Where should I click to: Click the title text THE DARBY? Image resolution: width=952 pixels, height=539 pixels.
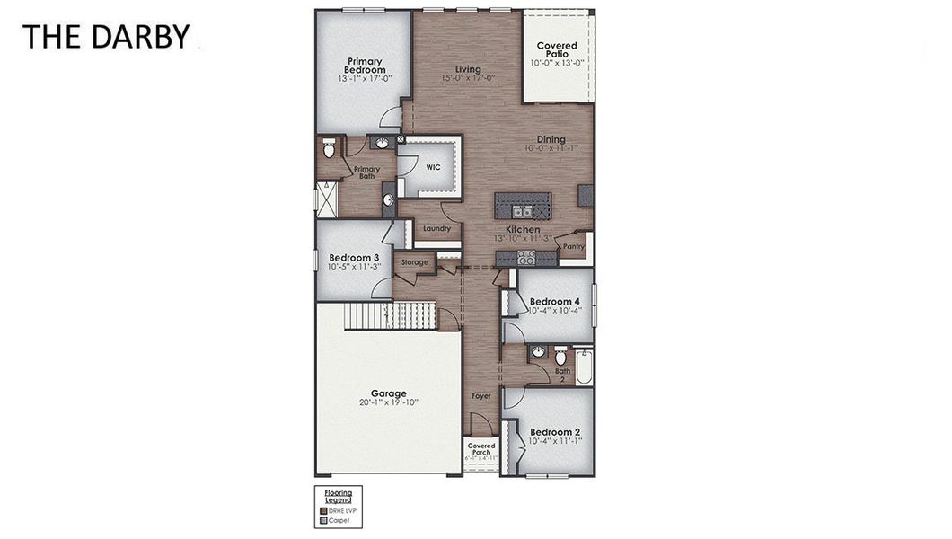coord(105,36)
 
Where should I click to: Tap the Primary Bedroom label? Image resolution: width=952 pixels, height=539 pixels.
coord(366,66)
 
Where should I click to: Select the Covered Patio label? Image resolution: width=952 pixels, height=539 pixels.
coord(557,49)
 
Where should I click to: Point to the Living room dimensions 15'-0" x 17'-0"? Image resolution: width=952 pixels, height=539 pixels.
coord(468,79)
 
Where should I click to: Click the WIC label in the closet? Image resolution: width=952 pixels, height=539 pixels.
coord(433,167)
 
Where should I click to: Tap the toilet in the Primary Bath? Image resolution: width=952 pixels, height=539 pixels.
coord(329,149)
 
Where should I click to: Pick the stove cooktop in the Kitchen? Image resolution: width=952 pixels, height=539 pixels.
coord(525,257)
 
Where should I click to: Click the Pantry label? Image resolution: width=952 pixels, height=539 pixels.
coord(574,246)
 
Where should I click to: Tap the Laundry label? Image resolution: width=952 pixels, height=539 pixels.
coord(436,229)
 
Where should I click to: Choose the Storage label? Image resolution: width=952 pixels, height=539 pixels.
coord(414,262)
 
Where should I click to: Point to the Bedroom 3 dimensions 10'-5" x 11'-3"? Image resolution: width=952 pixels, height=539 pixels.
coord(354,267)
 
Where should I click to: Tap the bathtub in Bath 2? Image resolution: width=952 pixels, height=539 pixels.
coord(584,367)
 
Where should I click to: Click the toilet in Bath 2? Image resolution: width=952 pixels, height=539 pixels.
coord(560,355)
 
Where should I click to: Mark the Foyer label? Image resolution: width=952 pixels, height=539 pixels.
coord(481,395)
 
